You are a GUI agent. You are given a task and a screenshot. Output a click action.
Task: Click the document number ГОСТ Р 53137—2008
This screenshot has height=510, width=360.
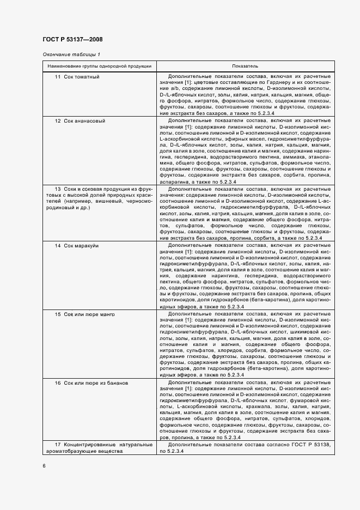(72, 39)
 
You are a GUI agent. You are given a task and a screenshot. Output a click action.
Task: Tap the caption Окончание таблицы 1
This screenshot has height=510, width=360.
(71, 54)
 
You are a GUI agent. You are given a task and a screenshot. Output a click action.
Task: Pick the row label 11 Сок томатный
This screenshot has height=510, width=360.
(77, 76)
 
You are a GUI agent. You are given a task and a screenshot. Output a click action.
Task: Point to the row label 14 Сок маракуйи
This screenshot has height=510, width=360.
(77, 246)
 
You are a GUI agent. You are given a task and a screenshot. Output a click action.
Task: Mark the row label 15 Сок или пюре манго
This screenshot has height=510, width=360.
(84, 315)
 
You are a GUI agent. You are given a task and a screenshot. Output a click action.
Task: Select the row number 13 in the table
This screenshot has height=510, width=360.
(57, 189)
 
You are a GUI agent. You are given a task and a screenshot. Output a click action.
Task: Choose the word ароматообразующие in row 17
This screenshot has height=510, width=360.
(82, 452)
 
